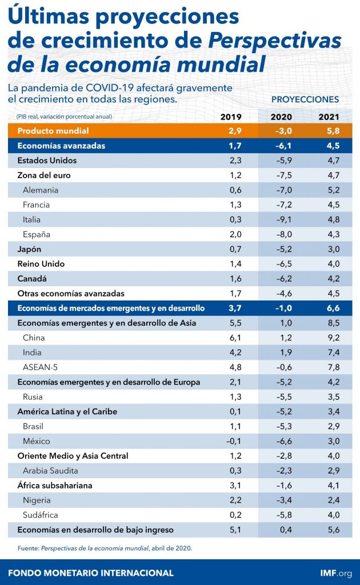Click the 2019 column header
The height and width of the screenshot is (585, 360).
pos(231,117)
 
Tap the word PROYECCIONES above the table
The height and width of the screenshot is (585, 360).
pos(305,99)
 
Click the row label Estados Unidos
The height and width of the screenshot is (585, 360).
pos(47,161)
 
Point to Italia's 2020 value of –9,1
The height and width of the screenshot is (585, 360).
pos(283,220)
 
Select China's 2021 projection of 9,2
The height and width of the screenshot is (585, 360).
pos(334,338)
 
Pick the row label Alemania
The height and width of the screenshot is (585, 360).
pos(41,190)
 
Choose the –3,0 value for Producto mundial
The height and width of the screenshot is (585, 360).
pos(283,131)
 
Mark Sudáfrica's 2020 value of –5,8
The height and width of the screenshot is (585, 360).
pos(283,515)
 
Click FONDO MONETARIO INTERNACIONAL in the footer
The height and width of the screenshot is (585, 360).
pos(91,572)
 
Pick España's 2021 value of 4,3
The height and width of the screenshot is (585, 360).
pos(334,234)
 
